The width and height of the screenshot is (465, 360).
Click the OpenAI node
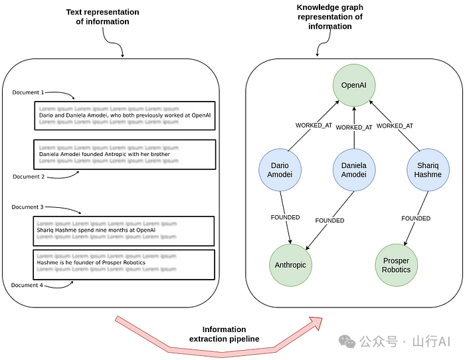[353, 85]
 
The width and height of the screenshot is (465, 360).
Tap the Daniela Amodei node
[353, 169]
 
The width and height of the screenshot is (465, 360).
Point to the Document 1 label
[29, 92]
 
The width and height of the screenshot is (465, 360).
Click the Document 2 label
[29, 177]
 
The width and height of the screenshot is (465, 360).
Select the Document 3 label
[28, 207]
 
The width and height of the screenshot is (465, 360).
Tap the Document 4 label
[29, 286]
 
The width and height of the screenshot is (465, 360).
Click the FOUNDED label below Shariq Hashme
[416, 218]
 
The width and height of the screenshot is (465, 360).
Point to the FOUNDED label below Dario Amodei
[285, 217]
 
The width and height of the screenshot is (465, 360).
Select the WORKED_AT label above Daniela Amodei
[354, 128]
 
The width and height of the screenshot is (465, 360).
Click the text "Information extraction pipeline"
[225, 334]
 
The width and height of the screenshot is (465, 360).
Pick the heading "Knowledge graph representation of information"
[330, 17]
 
